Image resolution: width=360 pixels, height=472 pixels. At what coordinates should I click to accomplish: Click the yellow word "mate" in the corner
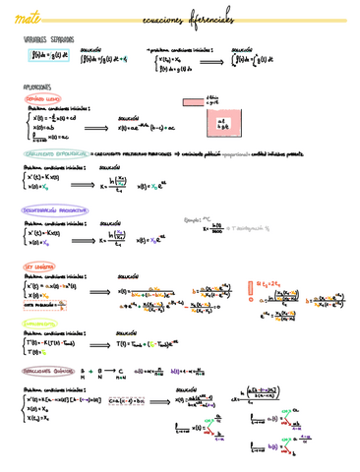(19, 17)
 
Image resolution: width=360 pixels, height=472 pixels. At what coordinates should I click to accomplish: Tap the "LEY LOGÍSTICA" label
(38, 266)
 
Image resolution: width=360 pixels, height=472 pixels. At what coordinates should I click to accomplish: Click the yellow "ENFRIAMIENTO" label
(39, 322)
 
